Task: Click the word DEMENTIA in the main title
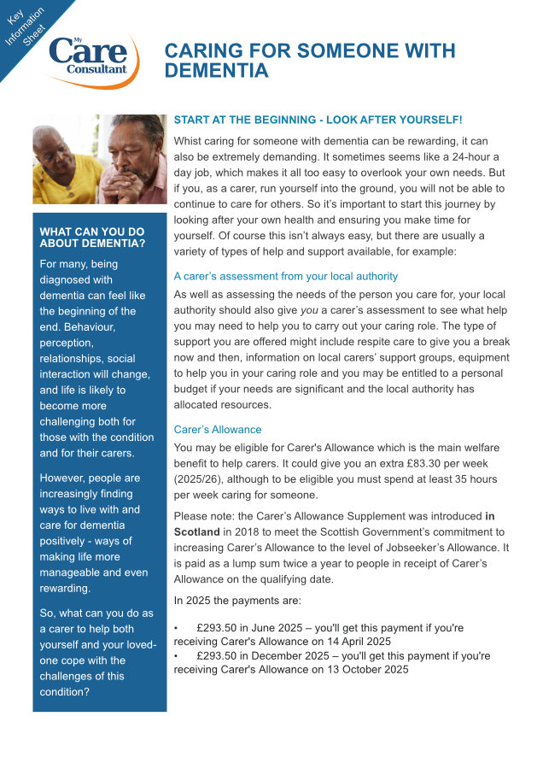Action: pyautogui.click(x=216, y=71)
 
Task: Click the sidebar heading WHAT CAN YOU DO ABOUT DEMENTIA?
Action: pyautogui.click(x=92, y=238)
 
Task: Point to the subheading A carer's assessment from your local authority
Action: pyautogui.click(x=285, y=276)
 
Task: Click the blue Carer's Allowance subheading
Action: pyautogui.click(x=217, y=429)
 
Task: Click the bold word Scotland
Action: pyautogui.click(x=196, y=531)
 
